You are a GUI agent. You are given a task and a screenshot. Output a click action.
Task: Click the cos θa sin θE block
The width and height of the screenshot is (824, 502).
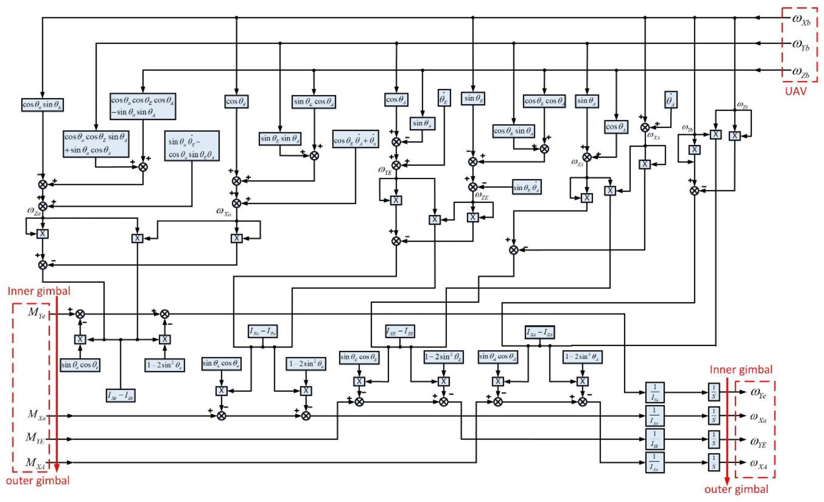click(42, 105)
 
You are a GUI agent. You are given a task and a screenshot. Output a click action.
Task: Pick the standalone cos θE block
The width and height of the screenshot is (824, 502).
click(236, 101)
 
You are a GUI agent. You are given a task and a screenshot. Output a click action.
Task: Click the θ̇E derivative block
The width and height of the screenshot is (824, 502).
click(444, 98)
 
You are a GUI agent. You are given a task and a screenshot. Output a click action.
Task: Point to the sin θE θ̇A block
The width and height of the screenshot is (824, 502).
click(527, 187)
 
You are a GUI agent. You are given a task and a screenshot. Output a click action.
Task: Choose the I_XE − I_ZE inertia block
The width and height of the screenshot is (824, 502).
click(400, 331)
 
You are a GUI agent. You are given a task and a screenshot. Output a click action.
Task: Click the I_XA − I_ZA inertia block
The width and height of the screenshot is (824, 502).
click(539, 332)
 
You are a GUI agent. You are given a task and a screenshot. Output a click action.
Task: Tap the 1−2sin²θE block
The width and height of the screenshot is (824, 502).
click(443, 357)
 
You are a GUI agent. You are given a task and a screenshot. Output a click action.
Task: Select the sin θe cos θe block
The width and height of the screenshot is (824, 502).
click(80, 365)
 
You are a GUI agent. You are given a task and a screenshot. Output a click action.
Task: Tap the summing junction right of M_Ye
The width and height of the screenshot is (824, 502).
click(80, 314)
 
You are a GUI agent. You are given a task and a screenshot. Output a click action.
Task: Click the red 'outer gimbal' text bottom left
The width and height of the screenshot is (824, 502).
click(38, 481)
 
